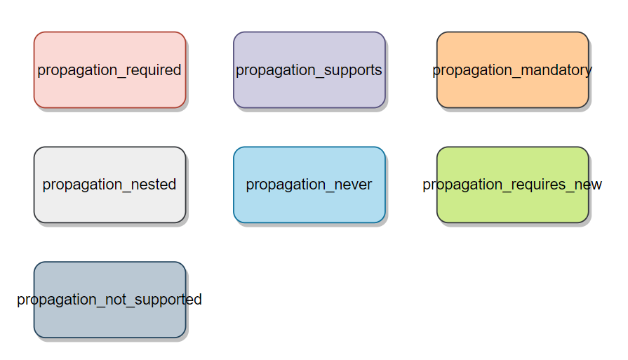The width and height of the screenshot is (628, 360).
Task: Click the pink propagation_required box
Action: coord(109,69)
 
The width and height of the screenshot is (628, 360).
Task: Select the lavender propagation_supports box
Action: coord(309,69)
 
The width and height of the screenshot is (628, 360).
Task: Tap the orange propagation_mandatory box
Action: coord(513,69)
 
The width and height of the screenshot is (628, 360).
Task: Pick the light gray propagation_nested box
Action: coord(109,185)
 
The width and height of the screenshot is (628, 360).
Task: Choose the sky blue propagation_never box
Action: coord(309,185)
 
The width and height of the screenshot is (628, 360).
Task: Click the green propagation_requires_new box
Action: coord(513,185)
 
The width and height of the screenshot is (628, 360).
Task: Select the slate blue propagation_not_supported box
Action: coord(109,300)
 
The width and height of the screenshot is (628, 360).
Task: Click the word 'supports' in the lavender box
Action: coord(353,71)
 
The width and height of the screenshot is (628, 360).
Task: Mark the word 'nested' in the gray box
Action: coord(154,185)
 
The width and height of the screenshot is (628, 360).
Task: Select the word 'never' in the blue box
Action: coord(353,185)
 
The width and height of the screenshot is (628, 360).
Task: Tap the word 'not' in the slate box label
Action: coord(116,300)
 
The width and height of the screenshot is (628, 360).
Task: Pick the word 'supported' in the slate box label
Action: coord(168,300)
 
